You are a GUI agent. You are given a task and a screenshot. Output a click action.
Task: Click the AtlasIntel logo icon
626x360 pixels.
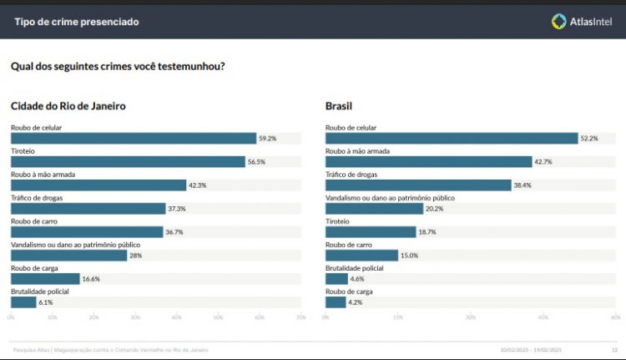(559, 21)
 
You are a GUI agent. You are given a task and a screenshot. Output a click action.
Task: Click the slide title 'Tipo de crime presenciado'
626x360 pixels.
(77, 21)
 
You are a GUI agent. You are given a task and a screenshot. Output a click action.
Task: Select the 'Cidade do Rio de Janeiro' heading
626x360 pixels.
(68, 106)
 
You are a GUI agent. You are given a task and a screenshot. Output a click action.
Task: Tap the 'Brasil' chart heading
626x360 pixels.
(339, 106)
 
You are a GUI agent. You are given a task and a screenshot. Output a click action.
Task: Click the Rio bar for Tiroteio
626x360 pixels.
(128, 162)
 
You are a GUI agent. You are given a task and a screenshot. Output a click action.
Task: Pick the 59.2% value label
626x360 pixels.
(267, 139)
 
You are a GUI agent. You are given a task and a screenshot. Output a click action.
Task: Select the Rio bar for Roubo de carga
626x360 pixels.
(45, 279)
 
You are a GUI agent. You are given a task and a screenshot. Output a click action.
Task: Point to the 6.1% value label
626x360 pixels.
(45, 302)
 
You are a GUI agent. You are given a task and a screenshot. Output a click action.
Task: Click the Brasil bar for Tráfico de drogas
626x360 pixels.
(418, 185)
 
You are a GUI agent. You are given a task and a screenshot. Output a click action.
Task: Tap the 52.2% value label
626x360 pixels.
(589, 139)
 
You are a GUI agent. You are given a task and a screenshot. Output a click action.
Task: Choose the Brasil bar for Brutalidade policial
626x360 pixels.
(336, 279)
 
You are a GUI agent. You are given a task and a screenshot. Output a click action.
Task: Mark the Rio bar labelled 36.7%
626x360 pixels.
(87, 232)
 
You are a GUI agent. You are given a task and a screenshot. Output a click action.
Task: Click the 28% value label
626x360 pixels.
(135, 256)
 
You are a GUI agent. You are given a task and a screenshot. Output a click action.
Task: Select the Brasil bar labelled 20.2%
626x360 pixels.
(374, 209)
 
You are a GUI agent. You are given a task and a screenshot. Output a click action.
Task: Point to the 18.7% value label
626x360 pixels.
(427, 232)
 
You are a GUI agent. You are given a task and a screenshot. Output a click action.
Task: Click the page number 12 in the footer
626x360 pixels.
(614, 350)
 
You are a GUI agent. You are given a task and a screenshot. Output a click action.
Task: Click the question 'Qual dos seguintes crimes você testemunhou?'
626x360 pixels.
(118, 66)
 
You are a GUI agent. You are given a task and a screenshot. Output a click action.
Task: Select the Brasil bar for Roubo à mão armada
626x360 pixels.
(428, 162)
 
